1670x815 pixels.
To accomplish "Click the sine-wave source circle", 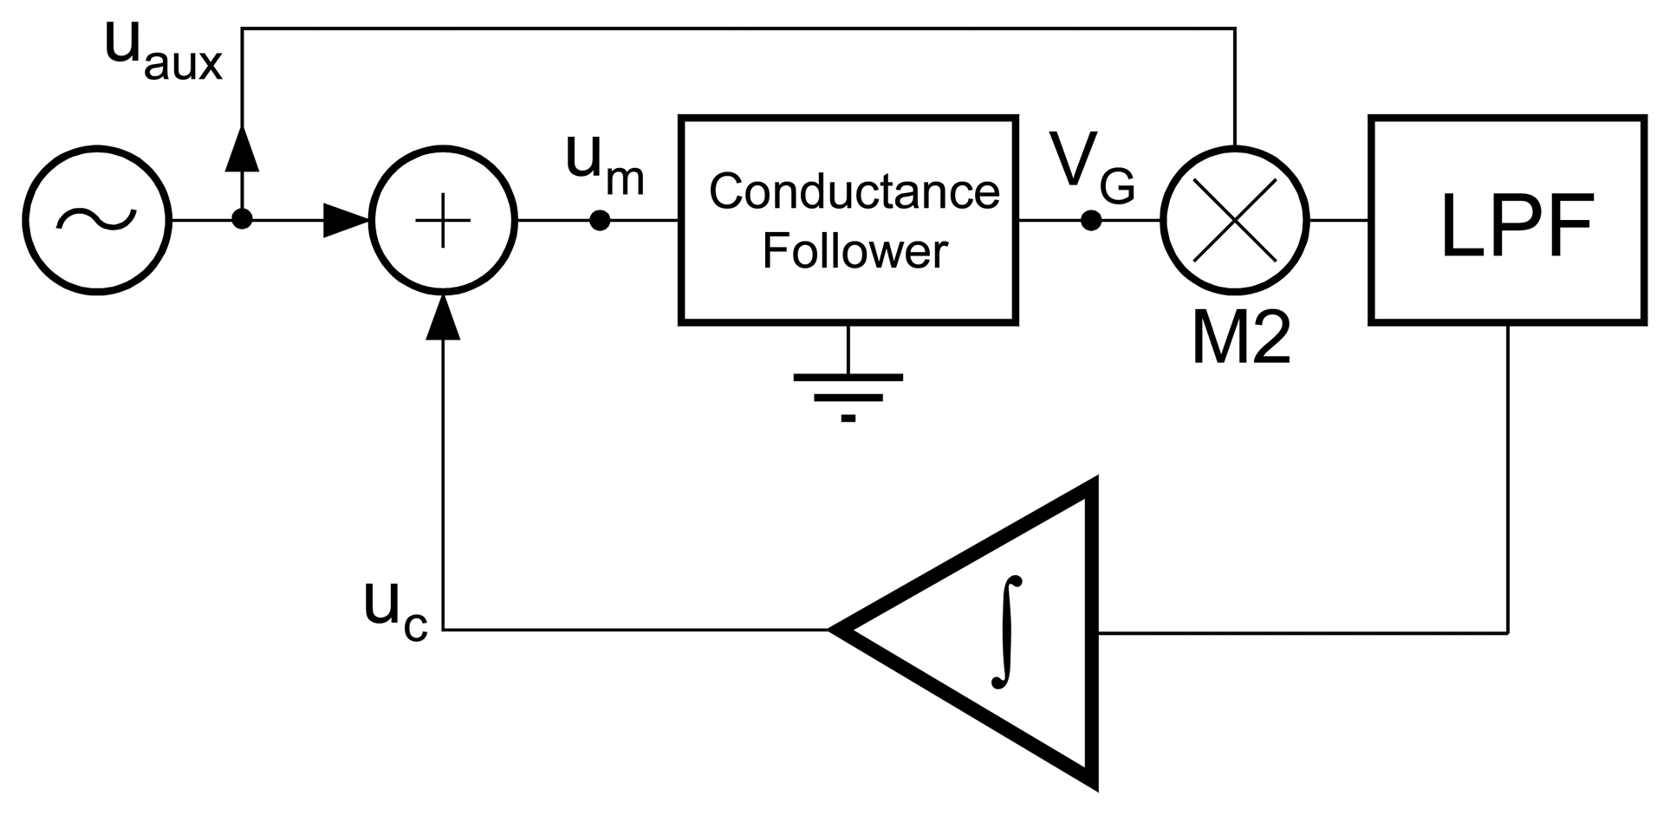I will coord(96,220).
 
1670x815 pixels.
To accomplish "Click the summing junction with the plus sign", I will coord(443,220).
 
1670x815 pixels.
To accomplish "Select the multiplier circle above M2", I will coord(1234,220).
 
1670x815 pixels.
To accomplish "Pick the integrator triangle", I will coord(997,632).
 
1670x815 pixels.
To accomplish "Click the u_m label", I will coord(604,165).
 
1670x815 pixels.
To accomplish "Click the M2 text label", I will coord(1241,340).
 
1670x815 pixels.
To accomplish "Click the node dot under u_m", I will coord(600,220).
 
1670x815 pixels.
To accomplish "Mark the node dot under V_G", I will coord(1091,220).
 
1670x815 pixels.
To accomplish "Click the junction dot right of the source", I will coord(243,220).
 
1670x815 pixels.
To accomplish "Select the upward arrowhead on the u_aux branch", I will coord(243,147).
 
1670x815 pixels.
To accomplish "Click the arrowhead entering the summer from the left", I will coord(347,220).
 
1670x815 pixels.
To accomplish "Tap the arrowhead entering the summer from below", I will coord(444,316).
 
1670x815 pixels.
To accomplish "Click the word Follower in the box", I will coord(854,251).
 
